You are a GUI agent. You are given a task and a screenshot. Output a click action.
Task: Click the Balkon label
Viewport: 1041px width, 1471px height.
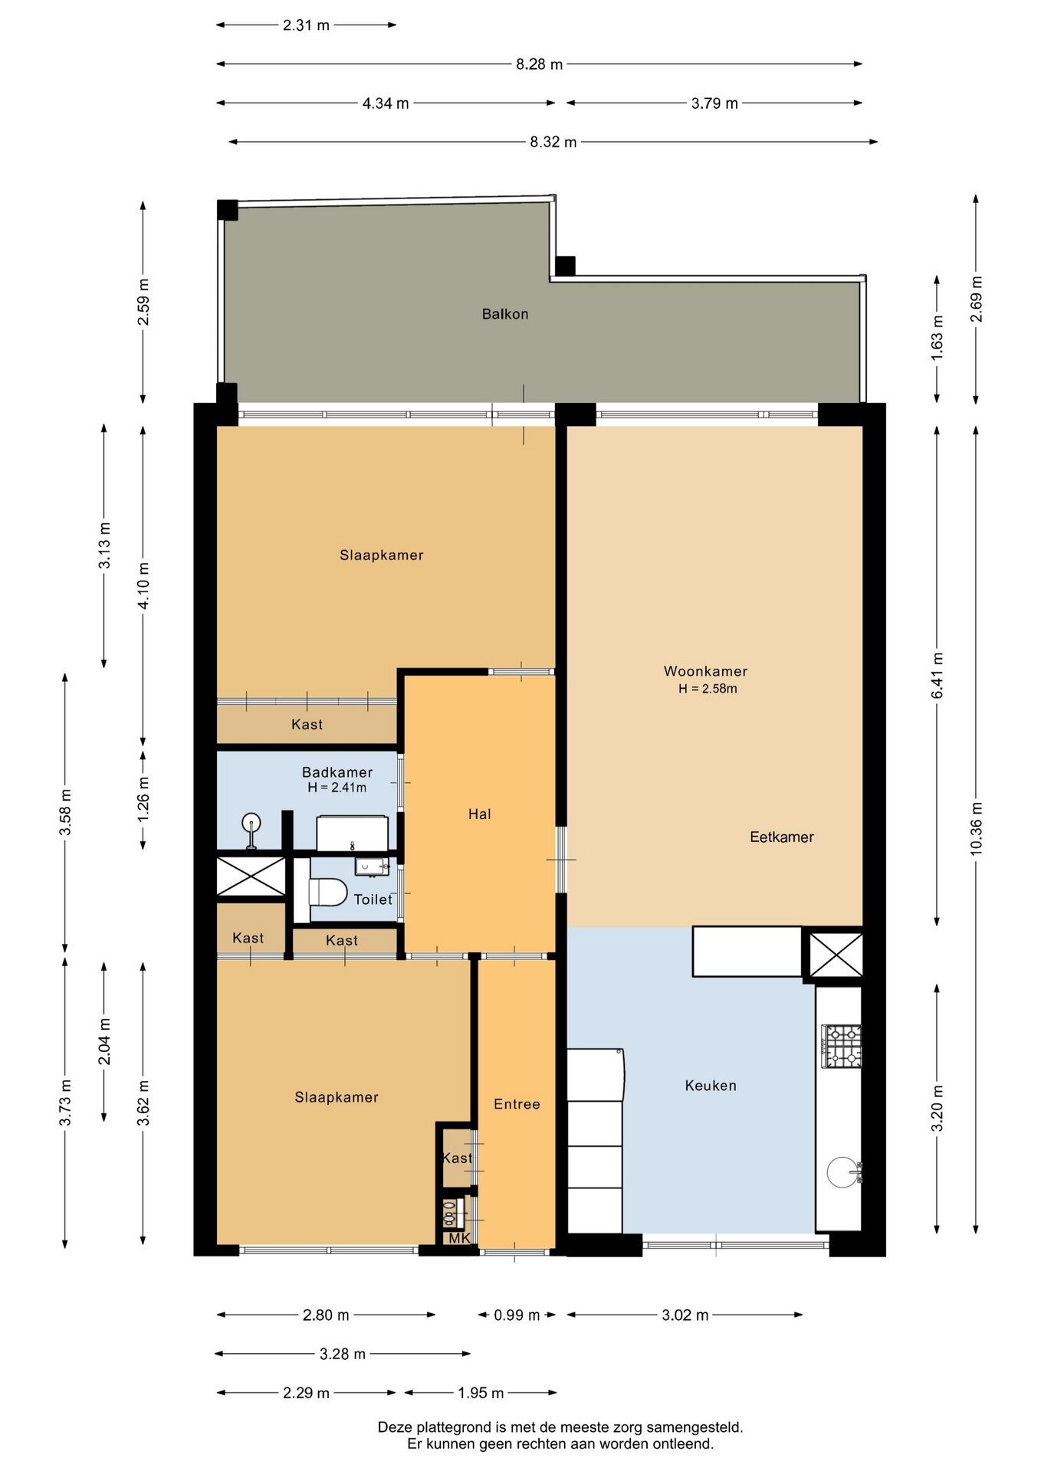(x=505, y=314)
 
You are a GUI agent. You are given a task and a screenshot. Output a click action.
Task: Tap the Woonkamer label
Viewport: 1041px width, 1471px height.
(x=705, y=671)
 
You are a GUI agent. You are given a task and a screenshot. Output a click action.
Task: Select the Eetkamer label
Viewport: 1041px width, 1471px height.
(x=782, y=837)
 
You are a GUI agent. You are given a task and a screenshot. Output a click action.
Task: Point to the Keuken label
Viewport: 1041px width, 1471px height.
(x=711, y=1086)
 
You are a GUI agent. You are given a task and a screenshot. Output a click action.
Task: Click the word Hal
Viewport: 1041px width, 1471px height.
(x=480, y=814)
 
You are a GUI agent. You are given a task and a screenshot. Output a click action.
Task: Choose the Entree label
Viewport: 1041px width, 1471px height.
(x=517, y=1104)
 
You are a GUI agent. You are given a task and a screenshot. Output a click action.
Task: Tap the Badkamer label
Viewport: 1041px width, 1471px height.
(x=337, y=772)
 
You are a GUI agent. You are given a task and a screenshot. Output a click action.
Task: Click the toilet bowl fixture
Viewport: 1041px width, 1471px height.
(x=328, y=893)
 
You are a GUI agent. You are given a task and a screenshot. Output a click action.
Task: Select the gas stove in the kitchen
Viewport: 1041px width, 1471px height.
(x=842, y=1046)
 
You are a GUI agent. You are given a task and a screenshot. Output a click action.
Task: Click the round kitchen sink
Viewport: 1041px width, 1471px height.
(x=843, y=1171)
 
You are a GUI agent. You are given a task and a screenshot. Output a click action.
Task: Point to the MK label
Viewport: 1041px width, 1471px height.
(x=459, y=1239)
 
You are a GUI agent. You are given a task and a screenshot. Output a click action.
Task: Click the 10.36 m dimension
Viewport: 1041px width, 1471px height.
(x=976, y=828)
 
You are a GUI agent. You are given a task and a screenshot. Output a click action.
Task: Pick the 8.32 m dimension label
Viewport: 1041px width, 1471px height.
(x=553, y=142)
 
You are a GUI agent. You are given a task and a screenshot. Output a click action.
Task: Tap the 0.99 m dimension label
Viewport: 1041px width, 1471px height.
(x=517, y=1315)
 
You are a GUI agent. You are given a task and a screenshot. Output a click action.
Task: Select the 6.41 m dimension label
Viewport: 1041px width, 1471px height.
(x=937, y=675)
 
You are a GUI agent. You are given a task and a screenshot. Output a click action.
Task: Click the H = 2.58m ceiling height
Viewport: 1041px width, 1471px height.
(x=708, y=689)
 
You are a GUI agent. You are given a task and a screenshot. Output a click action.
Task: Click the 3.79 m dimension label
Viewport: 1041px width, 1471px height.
(x=714, y=103)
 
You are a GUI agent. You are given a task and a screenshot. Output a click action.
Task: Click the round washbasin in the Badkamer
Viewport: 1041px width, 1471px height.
(x=251, y=824)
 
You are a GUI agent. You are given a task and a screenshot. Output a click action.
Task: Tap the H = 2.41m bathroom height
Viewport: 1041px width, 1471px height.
(x=337, y=788)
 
